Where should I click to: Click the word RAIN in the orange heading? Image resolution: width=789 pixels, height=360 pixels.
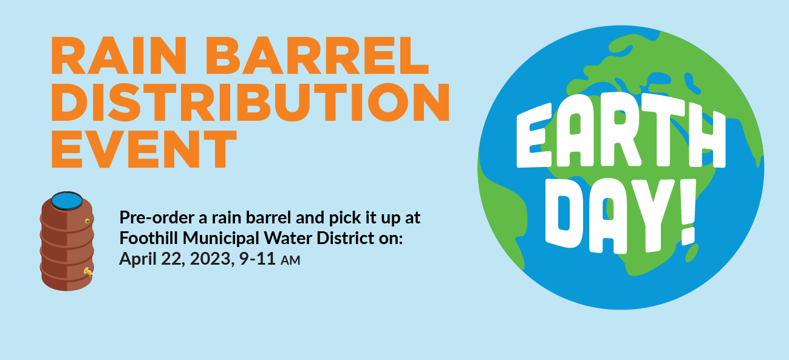[x=118, y=55]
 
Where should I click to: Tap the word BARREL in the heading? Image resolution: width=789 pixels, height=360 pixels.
[x=317, y=55]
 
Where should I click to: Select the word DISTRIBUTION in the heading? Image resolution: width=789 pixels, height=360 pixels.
[x=250, y=102]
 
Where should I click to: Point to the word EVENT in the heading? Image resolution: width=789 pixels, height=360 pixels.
[x=144, y=149]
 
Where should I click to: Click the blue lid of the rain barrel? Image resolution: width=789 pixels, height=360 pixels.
[x=67, y=201]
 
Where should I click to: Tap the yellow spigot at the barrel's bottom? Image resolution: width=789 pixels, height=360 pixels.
[x=88, y=272]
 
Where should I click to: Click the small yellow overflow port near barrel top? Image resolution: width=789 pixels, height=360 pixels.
[x=87, y=221]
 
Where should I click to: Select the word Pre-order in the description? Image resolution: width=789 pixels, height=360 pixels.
[x=157, y=218]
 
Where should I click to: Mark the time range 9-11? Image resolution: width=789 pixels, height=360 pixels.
[x=257, y=259]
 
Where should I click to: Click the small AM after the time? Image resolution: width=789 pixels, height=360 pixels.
[x=290, y=261]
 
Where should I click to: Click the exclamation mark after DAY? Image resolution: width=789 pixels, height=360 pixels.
[x=689, y=212]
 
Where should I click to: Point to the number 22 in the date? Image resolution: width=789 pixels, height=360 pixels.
[x=172, y=259]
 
